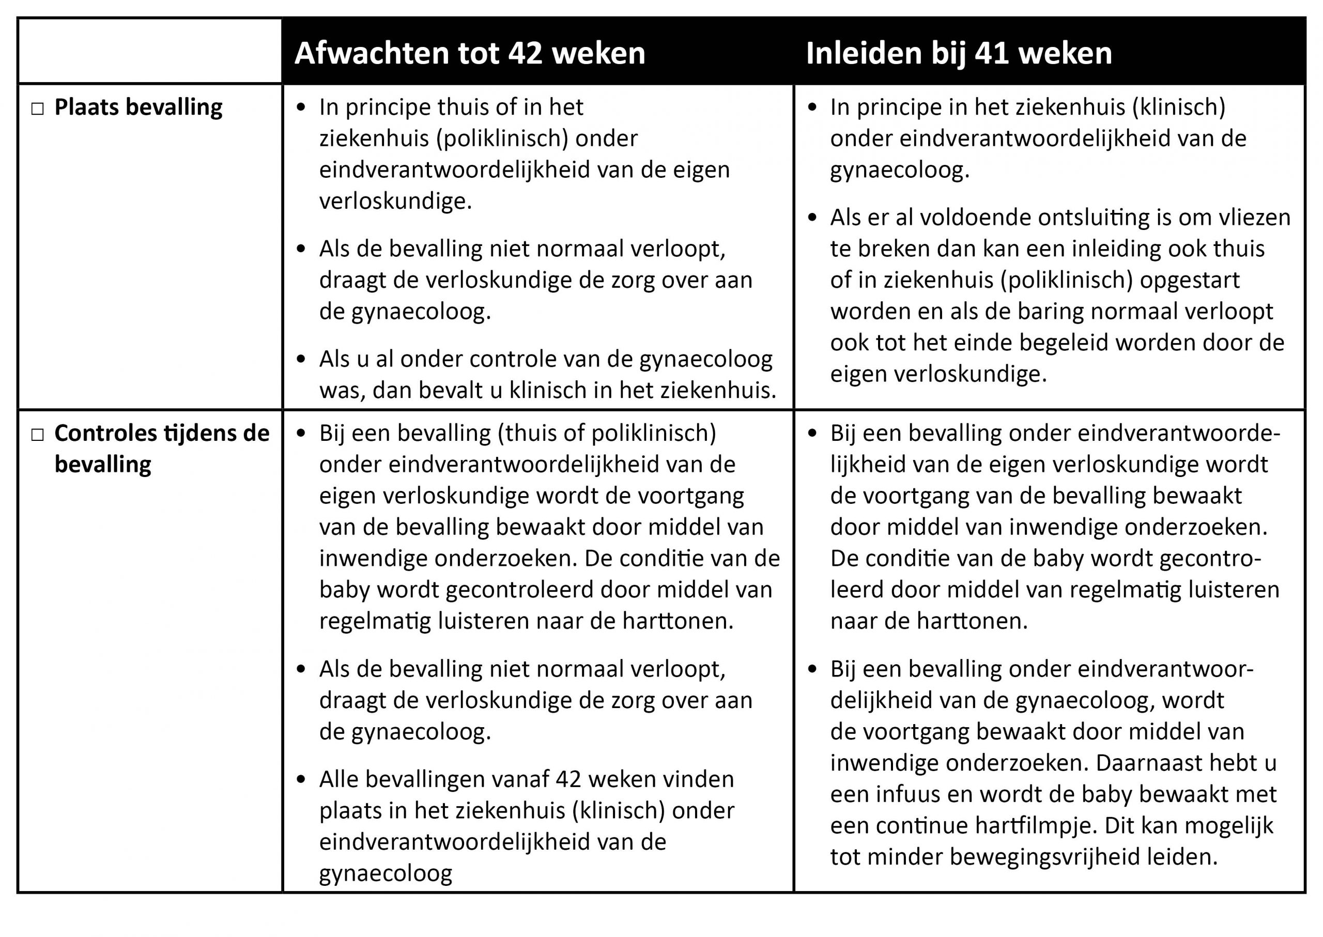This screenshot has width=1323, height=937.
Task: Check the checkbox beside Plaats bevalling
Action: tap(38, 109)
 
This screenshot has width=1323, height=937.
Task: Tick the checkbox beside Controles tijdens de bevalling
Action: tap(38, 435)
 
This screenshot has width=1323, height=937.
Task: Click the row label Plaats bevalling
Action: tap(138, 107)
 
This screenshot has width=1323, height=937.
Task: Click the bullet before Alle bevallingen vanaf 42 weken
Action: tap(301, 780)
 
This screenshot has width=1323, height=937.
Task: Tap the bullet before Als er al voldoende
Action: tap(812, 218)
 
